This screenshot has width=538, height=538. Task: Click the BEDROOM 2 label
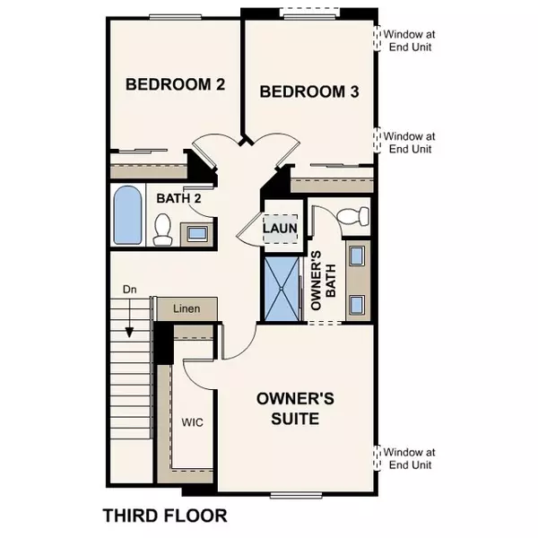tap(174, 85)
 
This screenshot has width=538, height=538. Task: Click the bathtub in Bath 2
tap(128, 217)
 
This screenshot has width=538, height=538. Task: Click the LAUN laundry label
tap(280, 228)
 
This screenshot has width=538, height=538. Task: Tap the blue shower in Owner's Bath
tap(283, 289)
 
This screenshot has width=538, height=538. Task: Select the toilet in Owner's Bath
tap(356, 215)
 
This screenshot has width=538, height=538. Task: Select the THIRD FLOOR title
tap(164, 516)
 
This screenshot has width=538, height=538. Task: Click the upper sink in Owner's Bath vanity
tap(358, 256)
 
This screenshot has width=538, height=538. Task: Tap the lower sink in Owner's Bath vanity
tap(358, 301)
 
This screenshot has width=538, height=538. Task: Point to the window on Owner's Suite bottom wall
tap(296, 494)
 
